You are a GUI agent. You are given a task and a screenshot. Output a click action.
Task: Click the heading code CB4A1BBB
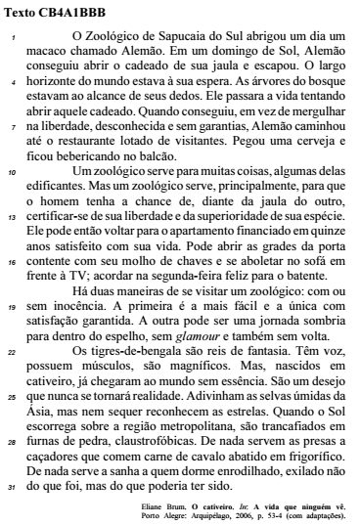(73, 13)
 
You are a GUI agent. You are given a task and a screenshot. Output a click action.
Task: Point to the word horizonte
(57, 86)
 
